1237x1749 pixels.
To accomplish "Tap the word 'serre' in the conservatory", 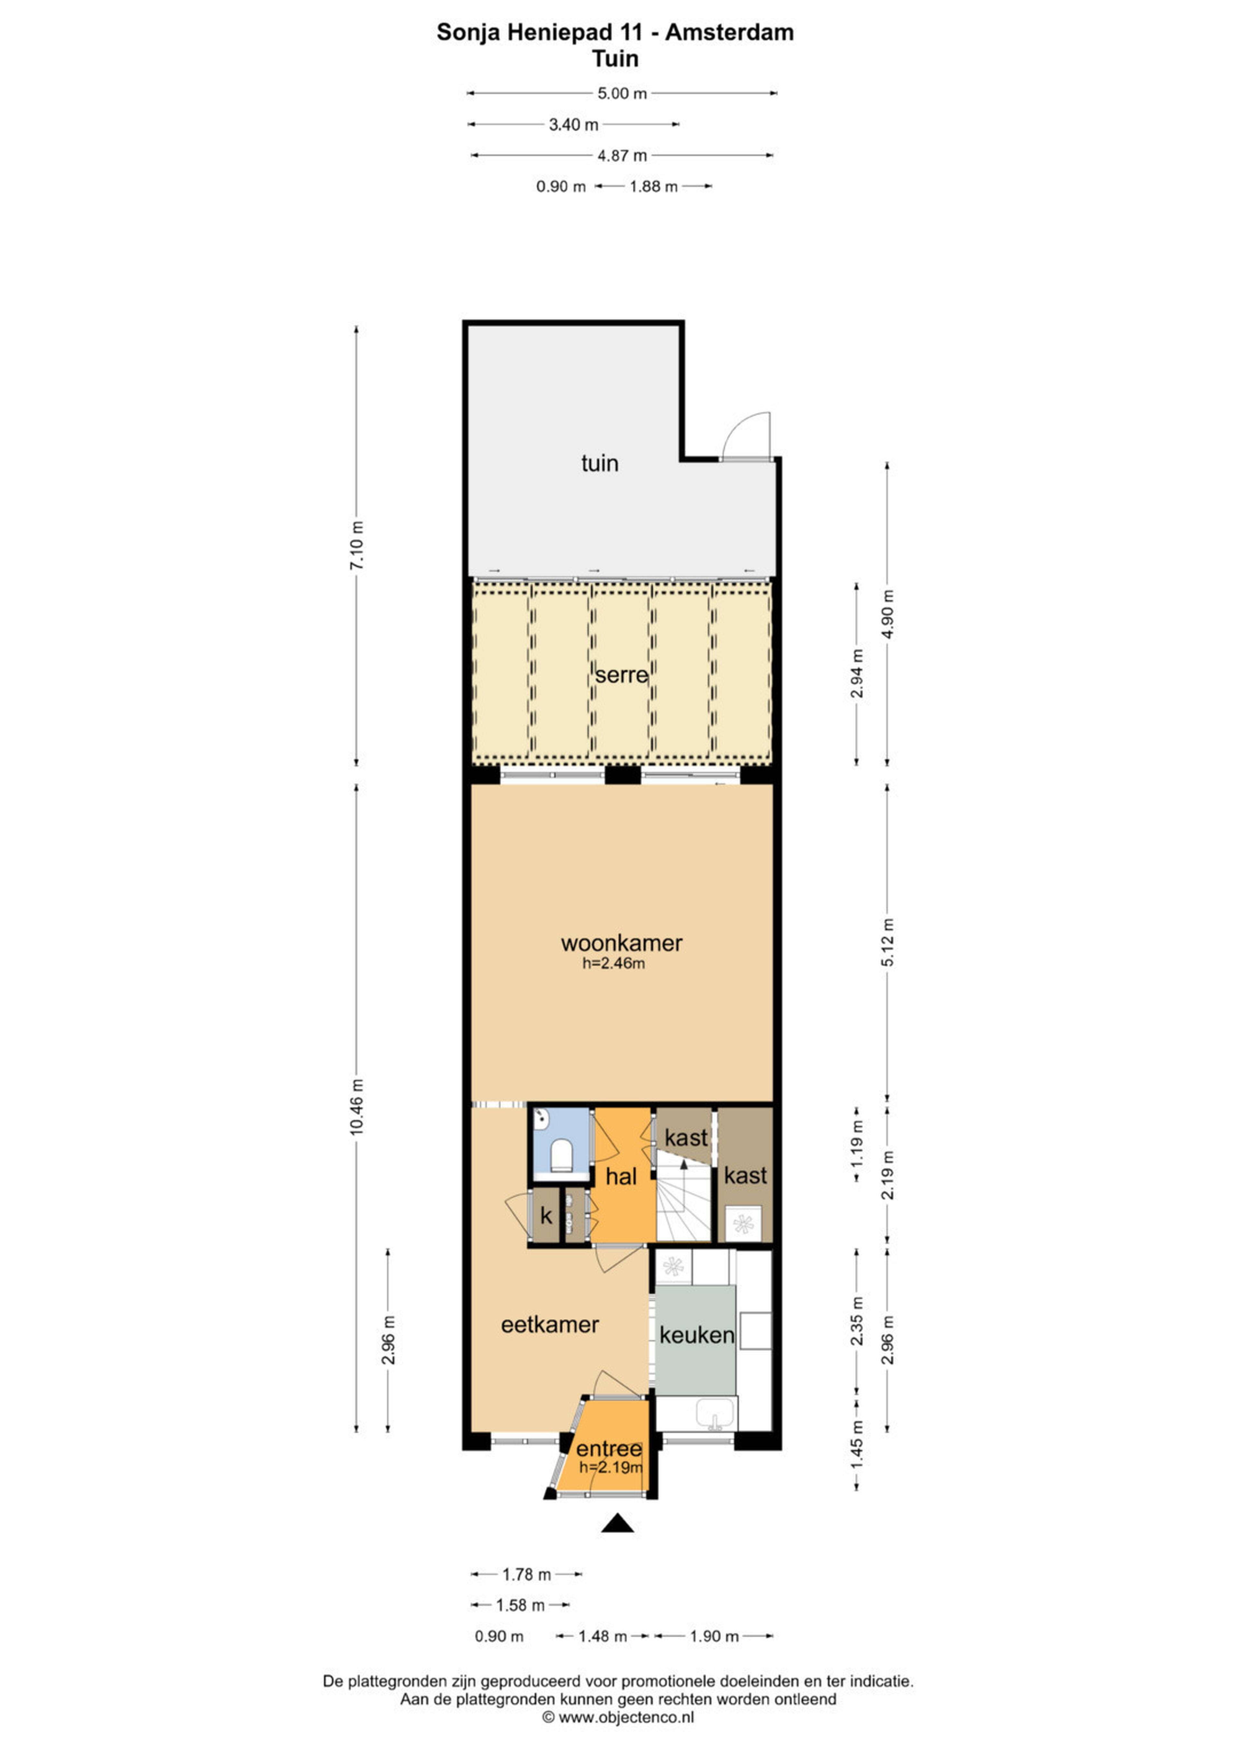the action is (621, 675).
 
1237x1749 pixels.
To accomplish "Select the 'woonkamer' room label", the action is (621, 943).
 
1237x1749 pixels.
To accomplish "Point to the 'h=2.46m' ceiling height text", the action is (614, 964).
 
